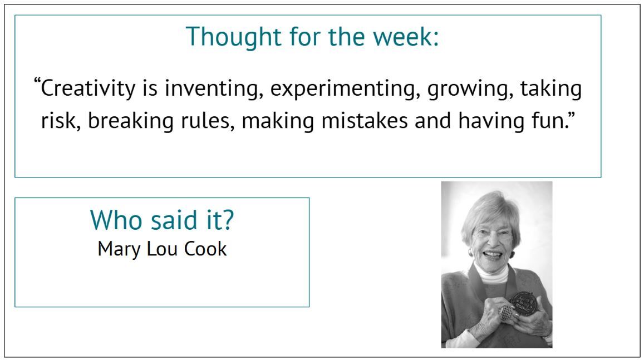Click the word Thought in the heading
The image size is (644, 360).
point(234,37)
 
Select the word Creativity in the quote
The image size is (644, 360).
point(88,89)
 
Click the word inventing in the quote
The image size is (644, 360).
point(214,89)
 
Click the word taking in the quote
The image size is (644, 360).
point(551,89)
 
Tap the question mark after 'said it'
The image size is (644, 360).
point(228,220)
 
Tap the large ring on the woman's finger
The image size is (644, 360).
point(506,313)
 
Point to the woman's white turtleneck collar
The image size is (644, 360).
point(492,275)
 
